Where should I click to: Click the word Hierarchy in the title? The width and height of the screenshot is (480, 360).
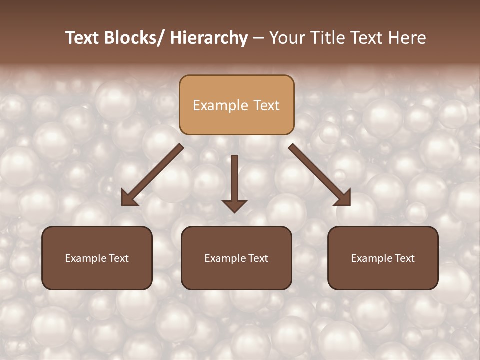(x=209, y=38)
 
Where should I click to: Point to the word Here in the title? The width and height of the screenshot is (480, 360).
(x=405, y=38)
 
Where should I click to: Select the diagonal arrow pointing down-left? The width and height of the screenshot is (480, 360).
(x=152, y=175)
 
